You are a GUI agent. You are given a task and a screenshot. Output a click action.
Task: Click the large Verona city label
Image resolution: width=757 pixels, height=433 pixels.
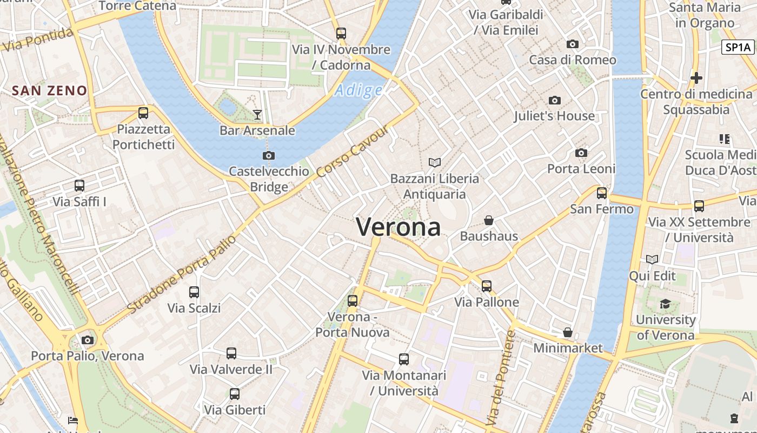point(399,227)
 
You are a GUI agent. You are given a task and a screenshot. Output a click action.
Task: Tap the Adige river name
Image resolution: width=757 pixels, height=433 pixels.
point(358,90)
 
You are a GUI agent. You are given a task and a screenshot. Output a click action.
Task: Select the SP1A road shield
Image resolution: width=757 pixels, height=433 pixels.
point(738,47)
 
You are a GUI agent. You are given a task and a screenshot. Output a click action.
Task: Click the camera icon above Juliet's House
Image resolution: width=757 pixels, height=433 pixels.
point(554,100)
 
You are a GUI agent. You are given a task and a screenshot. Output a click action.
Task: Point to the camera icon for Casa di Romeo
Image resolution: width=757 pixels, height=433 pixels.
point(573,44)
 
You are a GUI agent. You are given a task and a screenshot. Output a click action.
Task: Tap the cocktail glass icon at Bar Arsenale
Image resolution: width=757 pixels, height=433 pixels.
point(257,114)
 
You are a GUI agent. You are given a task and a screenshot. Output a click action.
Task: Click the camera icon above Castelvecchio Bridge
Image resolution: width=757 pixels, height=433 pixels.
point(268,155)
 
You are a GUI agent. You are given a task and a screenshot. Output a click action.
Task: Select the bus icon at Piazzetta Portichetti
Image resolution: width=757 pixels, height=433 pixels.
point(143,113)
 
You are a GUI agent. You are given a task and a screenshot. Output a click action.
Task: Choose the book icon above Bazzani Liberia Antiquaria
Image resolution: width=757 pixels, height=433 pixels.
point(434,162)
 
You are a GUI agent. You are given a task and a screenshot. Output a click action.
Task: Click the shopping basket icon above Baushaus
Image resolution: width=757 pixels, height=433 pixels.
point(489,220)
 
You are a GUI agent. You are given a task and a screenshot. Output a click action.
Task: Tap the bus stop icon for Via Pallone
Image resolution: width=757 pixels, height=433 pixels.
point(487,286)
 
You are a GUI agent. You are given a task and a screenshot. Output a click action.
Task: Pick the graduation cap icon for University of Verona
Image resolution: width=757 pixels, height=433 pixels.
point(665,304)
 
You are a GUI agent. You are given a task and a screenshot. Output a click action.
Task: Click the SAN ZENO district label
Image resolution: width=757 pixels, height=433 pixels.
point(50,90)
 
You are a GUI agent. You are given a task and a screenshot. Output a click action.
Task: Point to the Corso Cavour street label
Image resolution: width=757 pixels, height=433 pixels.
point(353,151)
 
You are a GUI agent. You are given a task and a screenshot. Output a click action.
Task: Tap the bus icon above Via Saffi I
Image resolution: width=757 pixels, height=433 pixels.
point(79,186)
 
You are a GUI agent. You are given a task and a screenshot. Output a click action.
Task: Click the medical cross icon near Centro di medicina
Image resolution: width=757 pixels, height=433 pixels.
point(696,78)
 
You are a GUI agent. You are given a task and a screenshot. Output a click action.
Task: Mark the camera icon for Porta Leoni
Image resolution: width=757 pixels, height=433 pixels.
point(581,153)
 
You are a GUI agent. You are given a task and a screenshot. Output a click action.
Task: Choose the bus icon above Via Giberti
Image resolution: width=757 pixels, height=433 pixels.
point(235,393)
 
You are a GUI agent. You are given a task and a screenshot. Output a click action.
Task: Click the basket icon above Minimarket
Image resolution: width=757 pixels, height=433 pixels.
point(568,332)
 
